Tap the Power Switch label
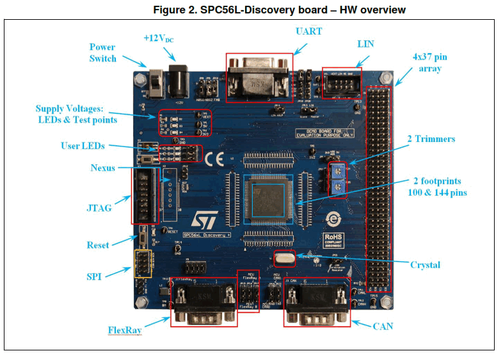[102, 52]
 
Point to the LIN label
[365, 44]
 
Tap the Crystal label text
[425, 265]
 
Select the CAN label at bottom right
[383, 326]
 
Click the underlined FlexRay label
[125, 331]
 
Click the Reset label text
[98, 245]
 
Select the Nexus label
[103, 168]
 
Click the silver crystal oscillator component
[284, 258]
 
